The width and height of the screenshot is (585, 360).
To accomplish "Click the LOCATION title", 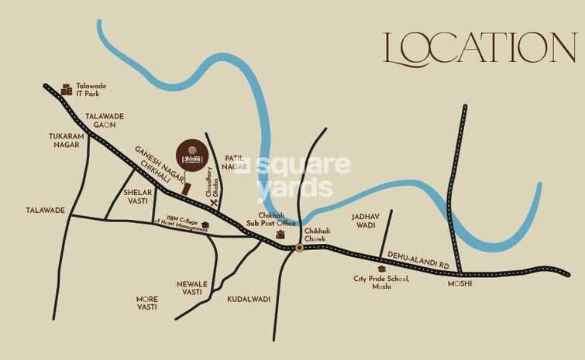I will pyautogui.click(x=480, y=50).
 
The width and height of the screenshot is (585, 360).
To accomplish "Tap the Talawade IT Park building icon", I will pyautogui.click(x=67, y=89).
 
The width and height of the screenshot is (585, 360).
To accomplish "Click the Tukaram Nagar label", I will pyautogui.click(x=66, y=139).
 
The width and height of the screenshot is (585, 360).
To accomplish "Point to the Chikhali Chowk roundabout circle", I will pyautogui.click(x=299, y=248).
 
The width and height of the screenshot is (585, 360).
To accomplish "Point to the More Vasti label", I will pyautogui.click(x=146, y=303).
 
